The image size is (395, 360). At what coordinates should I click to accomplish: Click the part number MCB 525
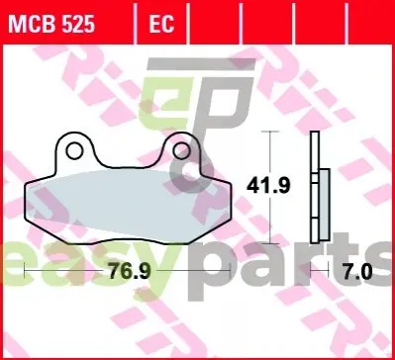pos(51,25)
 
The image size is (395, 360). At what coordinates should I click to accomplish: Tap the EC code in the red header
pos(161,25)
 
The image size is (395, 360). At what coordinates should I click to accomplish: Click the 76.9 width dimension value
pos(130,272)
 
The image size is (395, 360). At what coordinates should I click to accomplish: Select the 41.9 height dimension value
pos(268,186)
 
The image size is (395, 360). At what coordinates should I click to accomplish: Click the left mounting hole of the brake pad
pos(74,150)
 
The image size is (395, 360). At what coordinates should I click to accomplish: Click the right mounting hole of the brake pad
pos(181,150)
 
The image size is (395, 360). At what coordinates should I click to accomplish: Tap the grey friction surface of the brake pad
pos(128,207)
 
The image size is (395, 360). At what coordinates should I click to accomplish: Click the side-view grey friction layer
pos(325,205)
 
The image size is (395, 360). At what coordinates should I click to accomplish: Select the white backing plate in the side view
pos(315,187)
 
